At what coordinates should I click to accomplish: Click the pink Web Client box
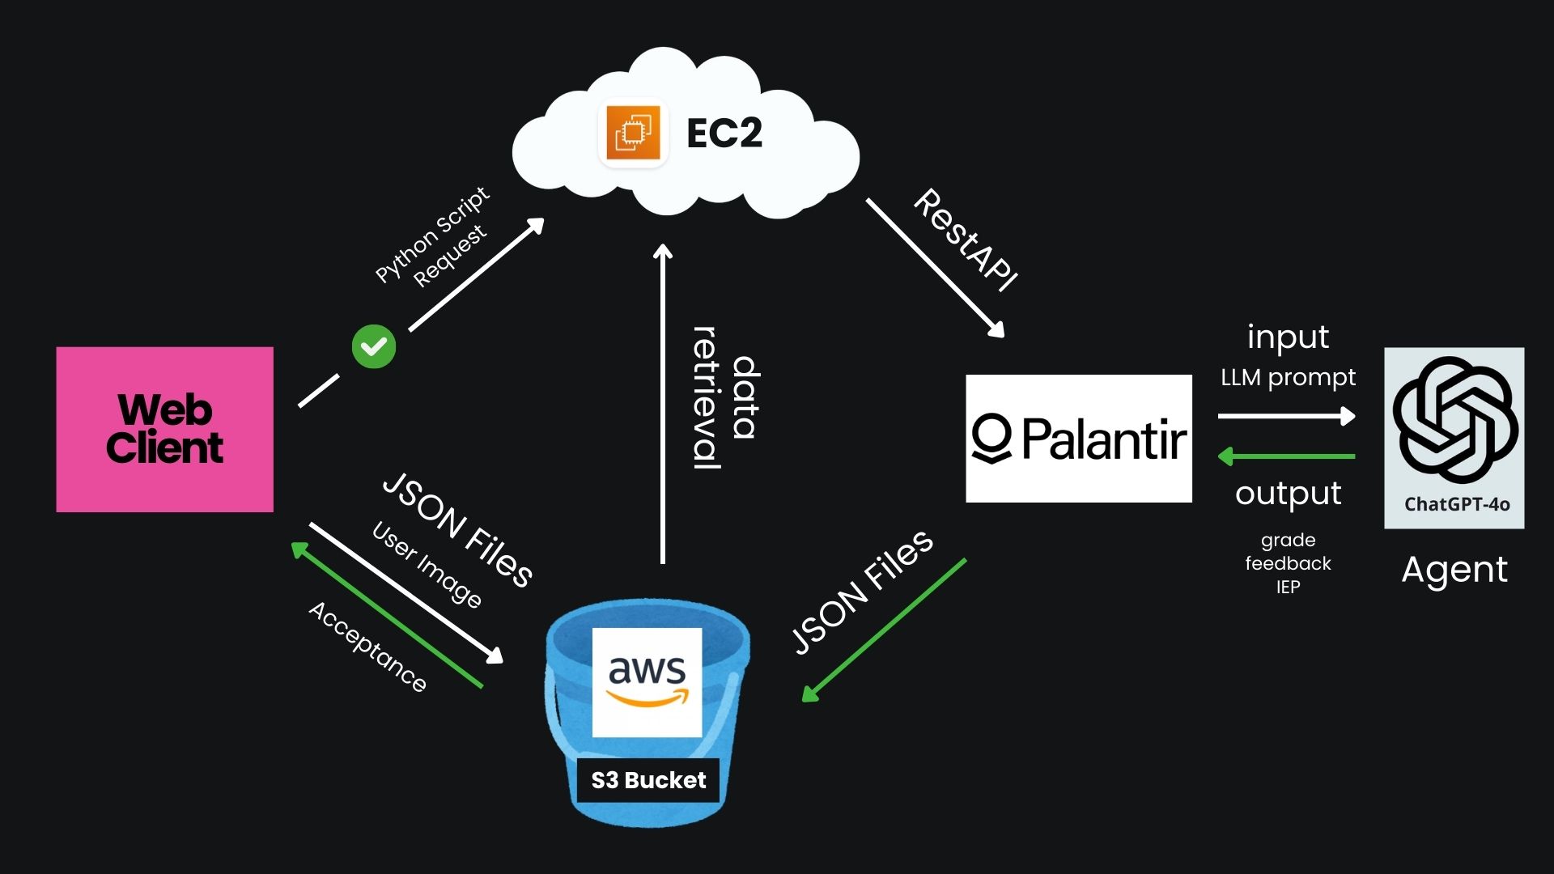164,429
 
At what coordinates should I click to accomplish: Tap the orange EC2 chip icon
633,132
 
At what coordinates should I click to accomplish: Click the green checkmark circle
374,346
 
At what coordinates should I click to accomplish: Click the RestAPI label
965,240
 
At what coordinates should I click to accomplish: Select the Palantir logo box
1078,438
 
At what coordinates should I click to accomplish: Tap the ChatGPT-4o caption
1456,505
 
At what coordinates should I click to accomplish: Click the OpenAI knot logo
1454,420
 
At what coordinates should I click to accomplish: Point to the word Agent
1454,570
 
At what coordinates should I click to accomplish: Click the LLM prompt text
1287,377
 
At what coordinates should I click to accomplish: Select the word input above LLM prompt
1287,337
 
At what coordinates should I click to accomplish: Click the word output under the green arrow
1288,494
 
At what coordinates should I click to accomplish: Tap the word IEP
1288,588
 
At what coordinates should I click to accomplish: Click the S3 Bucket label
648,780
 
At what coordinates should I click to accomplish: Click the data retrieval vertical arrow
663,405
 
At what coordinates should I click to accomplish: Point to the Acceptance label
367,647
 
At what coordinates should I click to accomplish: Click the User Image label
427,565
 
